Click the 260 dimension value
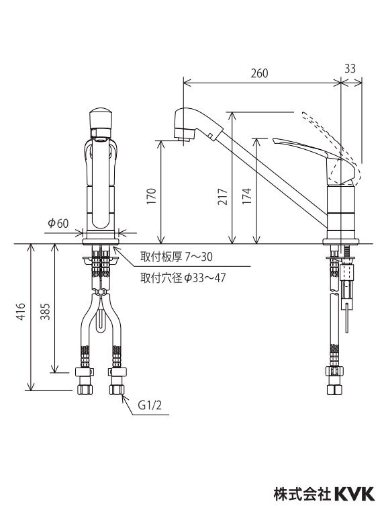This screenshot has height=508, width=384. (x=259, y=73)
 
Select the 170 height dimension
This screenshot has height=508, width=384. (x=152, y=196)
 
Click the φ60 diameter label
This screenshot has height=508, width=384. (x=58, y=224)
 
